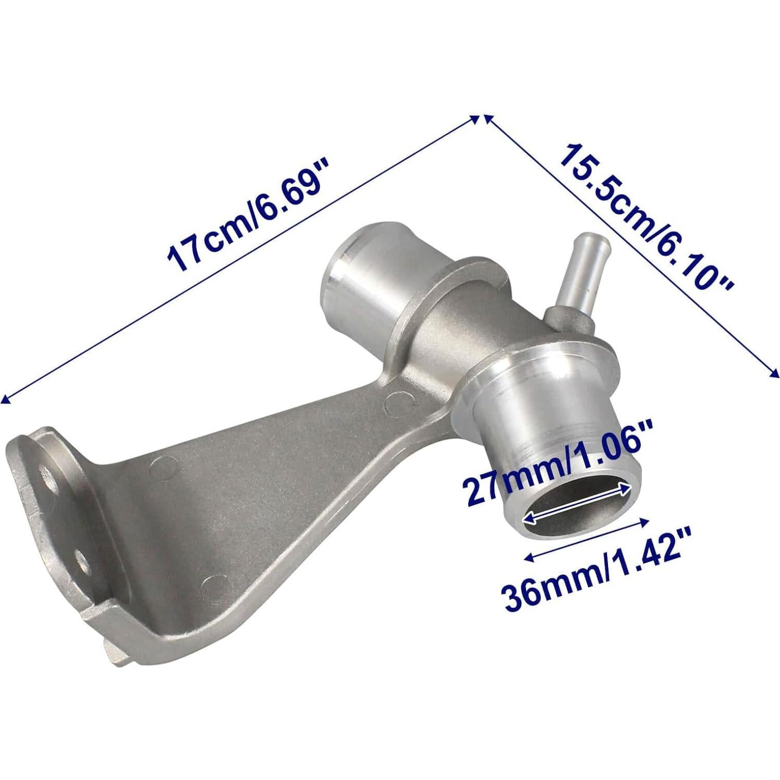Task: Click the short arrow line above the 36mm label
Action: point(587,539)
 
